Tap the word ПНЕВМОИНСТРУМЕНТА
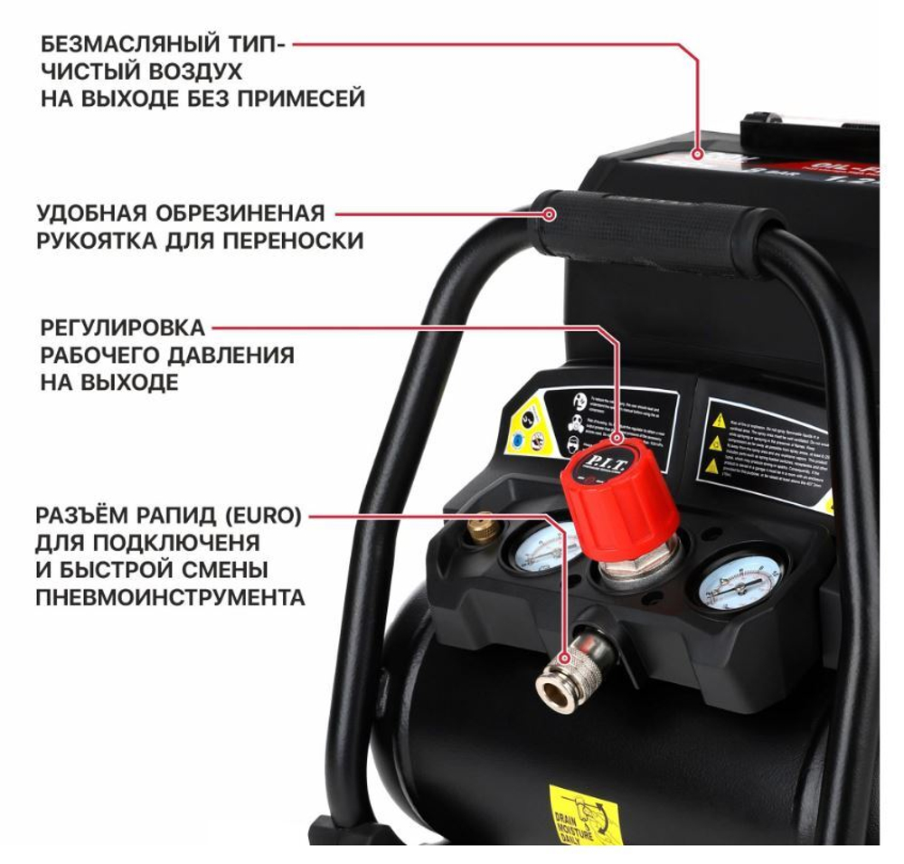click(x=170, y=598)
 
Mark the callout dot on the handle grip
click(x=549, y=214)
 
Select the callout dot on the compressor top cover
click(x=698, y=154)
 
